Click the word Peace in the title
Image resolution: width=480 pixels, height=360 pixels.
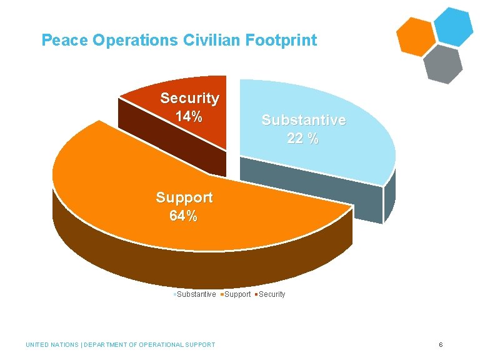click(65, 41)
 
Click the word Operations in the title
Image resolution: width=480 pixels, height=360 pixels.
click(136, 41)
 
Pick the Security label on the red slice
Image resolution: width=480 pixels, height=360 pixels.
click(189, 98)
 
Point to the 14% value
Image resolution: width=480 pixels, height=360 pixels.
click(189, 116)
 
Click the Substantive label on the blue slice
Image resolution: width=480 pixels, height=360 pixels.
click(303, 120)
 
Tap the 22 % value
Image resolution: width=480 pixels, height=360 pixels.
click(303, 139)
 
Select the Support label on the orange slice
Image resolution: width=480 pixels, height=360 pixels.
click(184, 198)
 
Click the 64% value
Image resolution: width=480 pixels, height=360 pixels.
click(183, 217)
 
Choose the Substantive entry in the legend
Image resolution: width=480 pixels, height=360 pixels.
click(196, 294)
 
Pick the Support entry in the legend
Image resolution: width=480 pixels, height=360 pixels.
click(237, 294)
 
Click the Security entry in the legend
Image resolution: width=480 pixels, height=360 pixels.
click(271, 294)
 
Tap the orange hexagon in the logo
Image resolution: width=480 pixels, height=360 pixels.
click(415, 37)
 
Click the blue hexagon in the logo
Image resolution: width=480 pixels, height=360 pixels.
click(453, 26)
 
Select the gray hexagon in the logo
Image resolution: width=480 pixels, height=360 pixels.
click(442, 63)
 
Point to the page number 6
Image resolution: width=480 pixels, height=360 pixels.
click(441, 344)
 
